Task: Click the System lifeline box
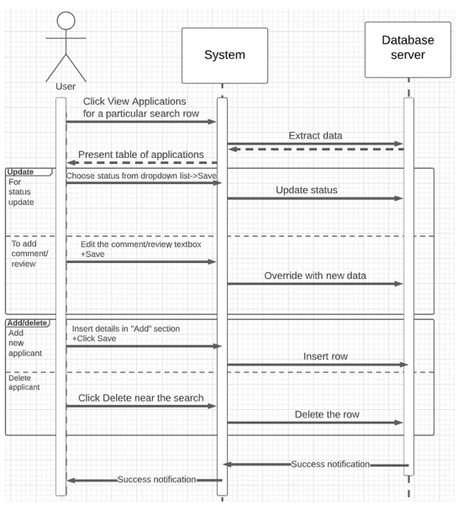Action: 224,55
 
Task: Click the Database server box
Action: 408,49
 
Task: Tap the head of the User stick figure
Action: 66,21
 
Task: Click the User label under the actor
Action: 66,87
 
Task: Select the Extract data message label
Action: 315,135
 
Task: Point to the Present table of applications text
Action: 141,155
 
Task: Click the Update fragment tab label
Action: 22,171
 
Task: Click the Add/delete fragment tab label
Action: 27,323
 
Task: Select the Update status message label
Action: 307,190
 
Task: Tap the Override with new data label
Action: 315,276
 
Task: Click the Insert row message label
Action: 325,356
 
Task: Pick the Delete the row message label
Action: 327,414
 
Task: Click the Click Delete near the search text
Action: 141,398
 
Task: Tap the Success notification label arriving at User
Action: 156,480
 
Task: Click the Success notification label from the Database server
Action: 330,464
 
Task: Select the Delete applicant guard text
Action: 24,382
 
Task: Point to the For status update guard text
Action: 21,192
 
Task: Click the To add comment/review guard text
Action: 29,254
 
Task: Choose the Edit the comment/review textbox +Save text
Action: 140,249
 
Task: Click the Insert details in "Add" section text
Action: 126,328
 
